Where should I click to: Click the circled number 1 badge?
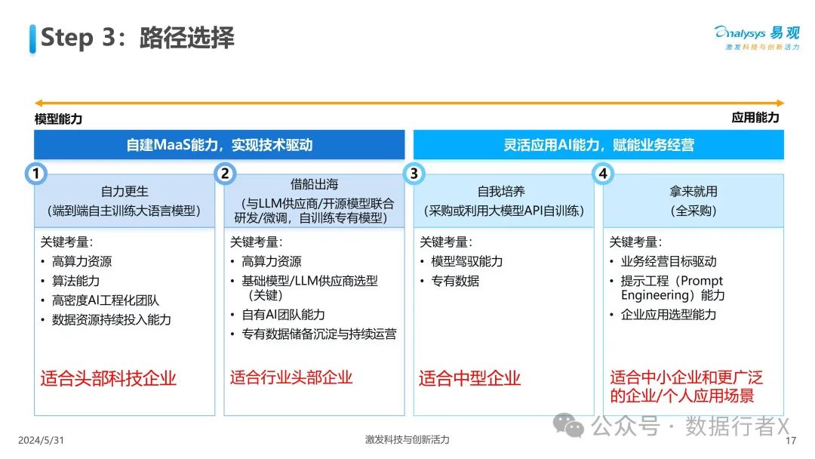click(x=36, y=173)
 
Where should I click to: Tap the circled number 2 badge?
click(x=225, y=173)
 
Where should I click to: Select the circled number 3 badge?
click(x=414, y=173)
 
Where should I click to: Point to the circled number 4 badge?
click(x=603, y=173)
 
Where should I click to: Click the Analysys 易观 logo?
click(x=757, y=38)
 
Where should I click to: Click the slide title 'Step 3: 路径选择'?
click(x=138, y=38)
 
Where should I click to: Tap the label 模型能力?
click(x=58, y=119)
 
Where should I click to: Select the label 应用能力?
click(x=755, y=118)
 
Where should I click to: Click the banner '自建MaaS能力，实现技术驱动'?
click(x=220, y=144)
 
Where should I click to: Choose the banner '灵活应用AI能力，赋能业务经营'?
click(x=598, y=144)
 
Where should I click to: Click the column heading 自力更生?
click(x=125, y=191)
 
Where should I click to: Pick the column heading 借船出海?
click(x=314, y=184)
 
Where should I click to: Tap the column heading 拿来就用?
click(x=694, y=191)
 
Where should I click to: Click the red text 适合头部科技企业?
click(x=109, y=378)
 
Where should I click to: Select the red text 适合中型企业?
click(x=470, y=378)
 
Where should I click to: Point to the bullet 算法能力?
click(x=76, y=281)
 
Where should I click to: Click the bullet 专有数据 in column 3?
click(x=455, y=281)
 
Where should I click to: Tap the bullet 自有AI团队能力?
click(x=283, y=315)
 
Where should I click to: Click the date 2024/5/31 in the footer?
click(x=41, y=440)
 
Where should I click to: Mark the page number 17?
click(x=791, y=441)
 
